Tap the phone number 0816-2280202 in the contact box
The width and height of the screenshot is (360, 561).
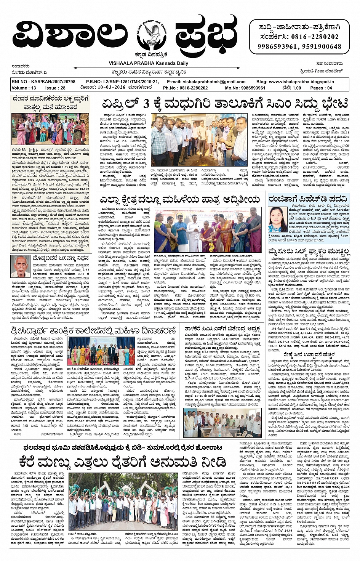(314, 37)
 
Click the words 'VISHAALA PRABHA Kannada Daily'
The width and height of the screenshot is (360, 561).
(148, 63)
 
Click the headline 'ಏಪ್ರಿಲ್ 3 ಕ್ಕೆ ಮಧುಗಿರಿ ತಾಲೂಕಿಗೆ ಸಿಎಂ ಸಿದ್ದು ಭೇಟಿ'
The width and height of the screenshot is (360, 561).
(225, 103)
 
